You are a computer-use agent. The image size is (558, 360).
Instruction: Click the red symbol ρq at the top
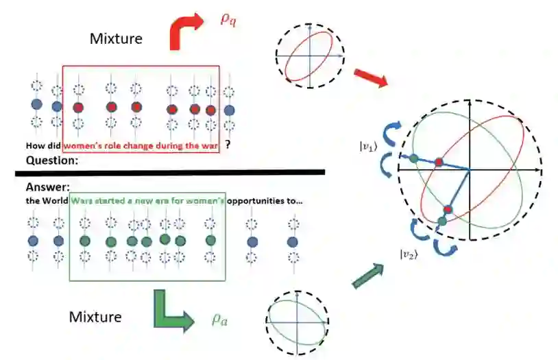(228, 19)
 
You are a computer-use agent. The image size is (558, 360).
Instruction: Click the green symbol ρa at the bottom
(219, 320)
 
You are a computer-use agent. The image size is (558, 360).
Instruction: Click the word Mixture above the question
(116, 38)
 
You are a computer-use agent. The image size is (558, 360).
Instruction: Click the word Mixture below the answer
(95, 317)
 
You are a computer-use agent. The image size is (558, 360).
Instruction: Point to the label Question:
(51, 160)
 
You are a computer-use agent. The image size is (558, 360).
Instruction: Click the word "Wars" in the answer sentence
(82, 200)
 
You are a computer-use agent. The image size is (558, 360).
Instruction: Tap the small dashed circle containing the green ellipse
(295, 321)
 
